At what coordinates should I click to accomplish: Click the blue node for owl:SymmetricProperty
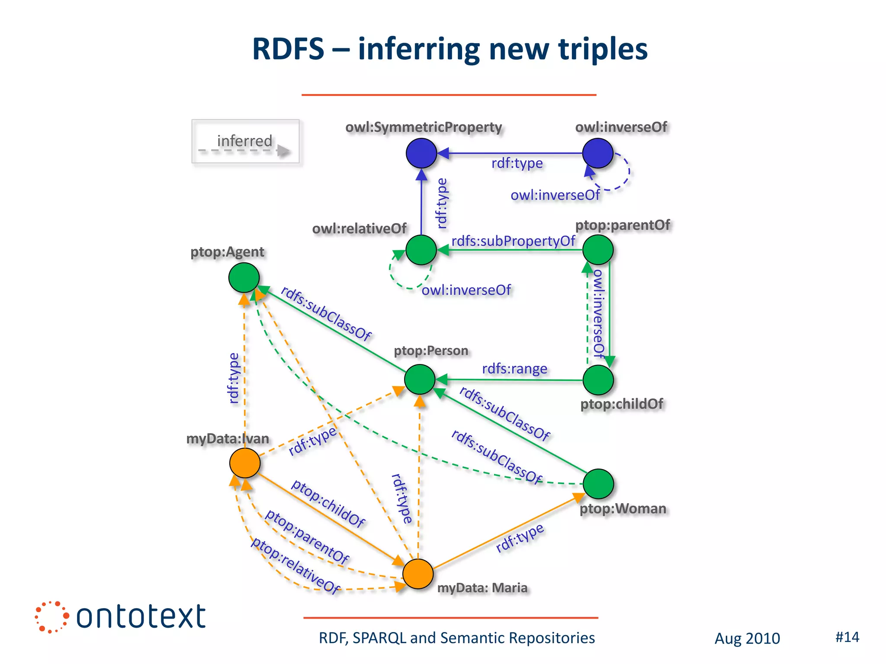(x=421, y=153)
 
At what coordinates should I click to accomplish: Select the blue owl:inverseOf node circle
(x=597, y=153)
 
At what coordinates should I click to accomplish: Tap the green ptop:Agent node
(x=244, y=278)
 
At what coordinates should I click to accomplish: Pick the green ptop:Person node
(x=420, y=379)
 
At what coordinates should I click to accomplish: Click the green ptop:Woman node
(x=598, y=484)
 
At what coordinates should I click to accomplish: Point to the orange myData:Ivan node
(x=245, y=463)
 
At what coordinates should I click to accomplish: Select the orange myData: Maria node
(x=418, y=574)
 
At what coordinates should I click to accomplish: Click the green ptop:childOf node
(x=598, y=380)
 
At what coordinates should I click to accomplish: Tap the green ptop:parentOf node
(x=598, y=250)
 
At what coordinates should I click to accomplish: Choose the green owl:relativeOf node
(x=421, y=250)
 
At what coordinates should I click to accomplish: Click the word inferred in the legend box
(x=244, y=141)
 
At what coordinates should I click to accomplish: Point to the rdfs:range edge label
(x=514, y=369)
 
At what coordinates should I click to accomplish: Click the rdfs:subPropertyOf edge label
(x=513, y=241)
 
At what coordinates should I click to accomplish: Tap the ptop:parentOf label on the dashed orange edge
(x=307, y=536)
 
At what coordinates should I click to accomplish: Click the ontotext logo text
(x=141, y=617)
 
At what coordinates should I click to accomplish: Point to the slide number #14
(x=847, y=637)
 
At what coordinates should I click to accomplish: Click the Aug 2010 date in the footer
(x=747, y=638)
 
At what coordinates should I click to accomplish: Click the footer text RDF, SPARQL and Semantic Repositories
(x=456, y=638)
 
